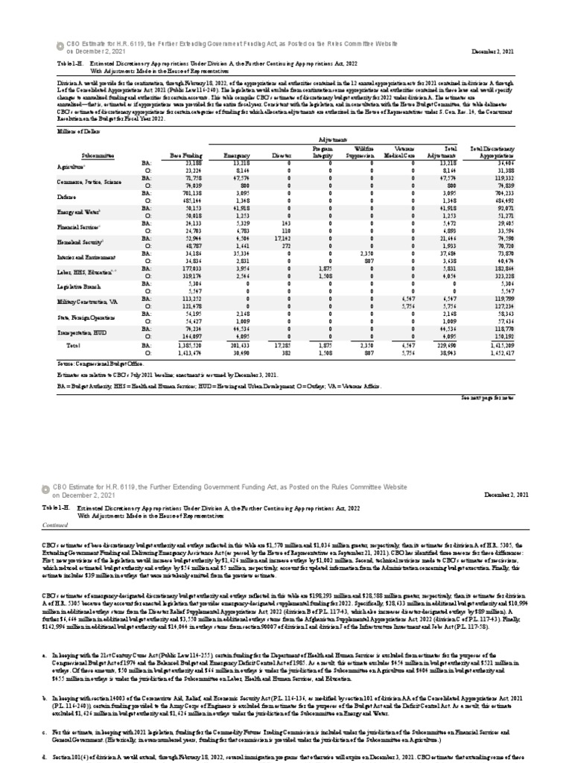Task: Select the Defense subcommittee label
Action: click(x=68, y=197)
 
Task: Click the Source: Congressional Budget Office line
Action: click(x=102, y=363)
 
